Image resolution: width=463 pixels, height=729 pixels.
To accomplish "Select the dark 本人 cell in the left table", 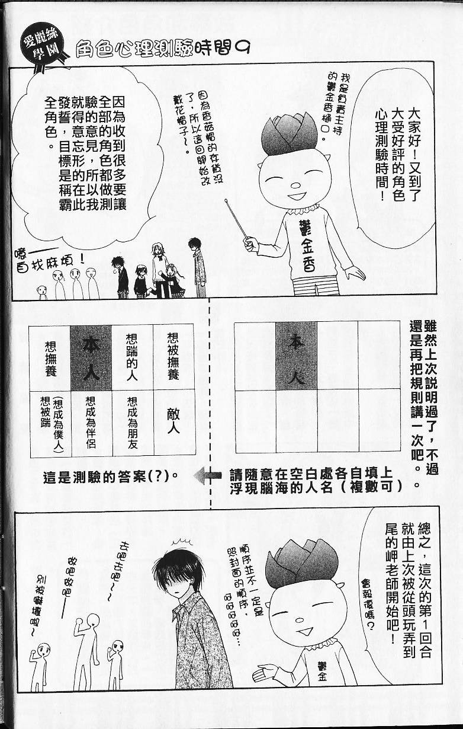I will [91, 357].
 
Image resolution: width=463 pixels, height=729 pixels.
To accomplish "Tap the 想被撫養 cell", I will [173, 357].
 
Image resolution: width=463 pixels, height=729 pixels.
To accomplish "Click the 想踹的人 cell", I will [132, 357].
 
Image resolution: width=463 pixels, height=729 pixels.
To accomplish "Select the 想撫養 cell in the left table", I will [50, 357].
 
